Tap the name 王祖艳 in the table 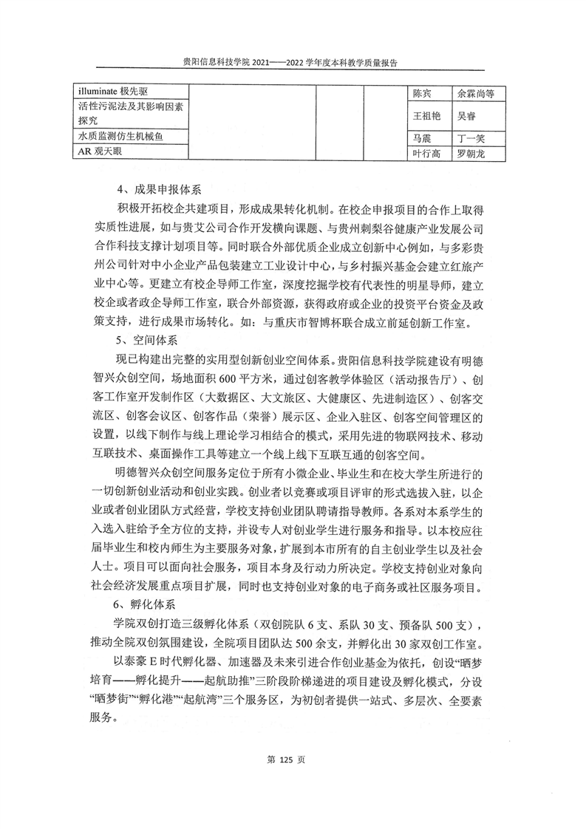427,116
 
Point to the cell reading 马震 422,138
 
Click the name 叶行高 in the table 427,154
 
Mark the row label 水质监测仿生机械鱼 124,137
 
